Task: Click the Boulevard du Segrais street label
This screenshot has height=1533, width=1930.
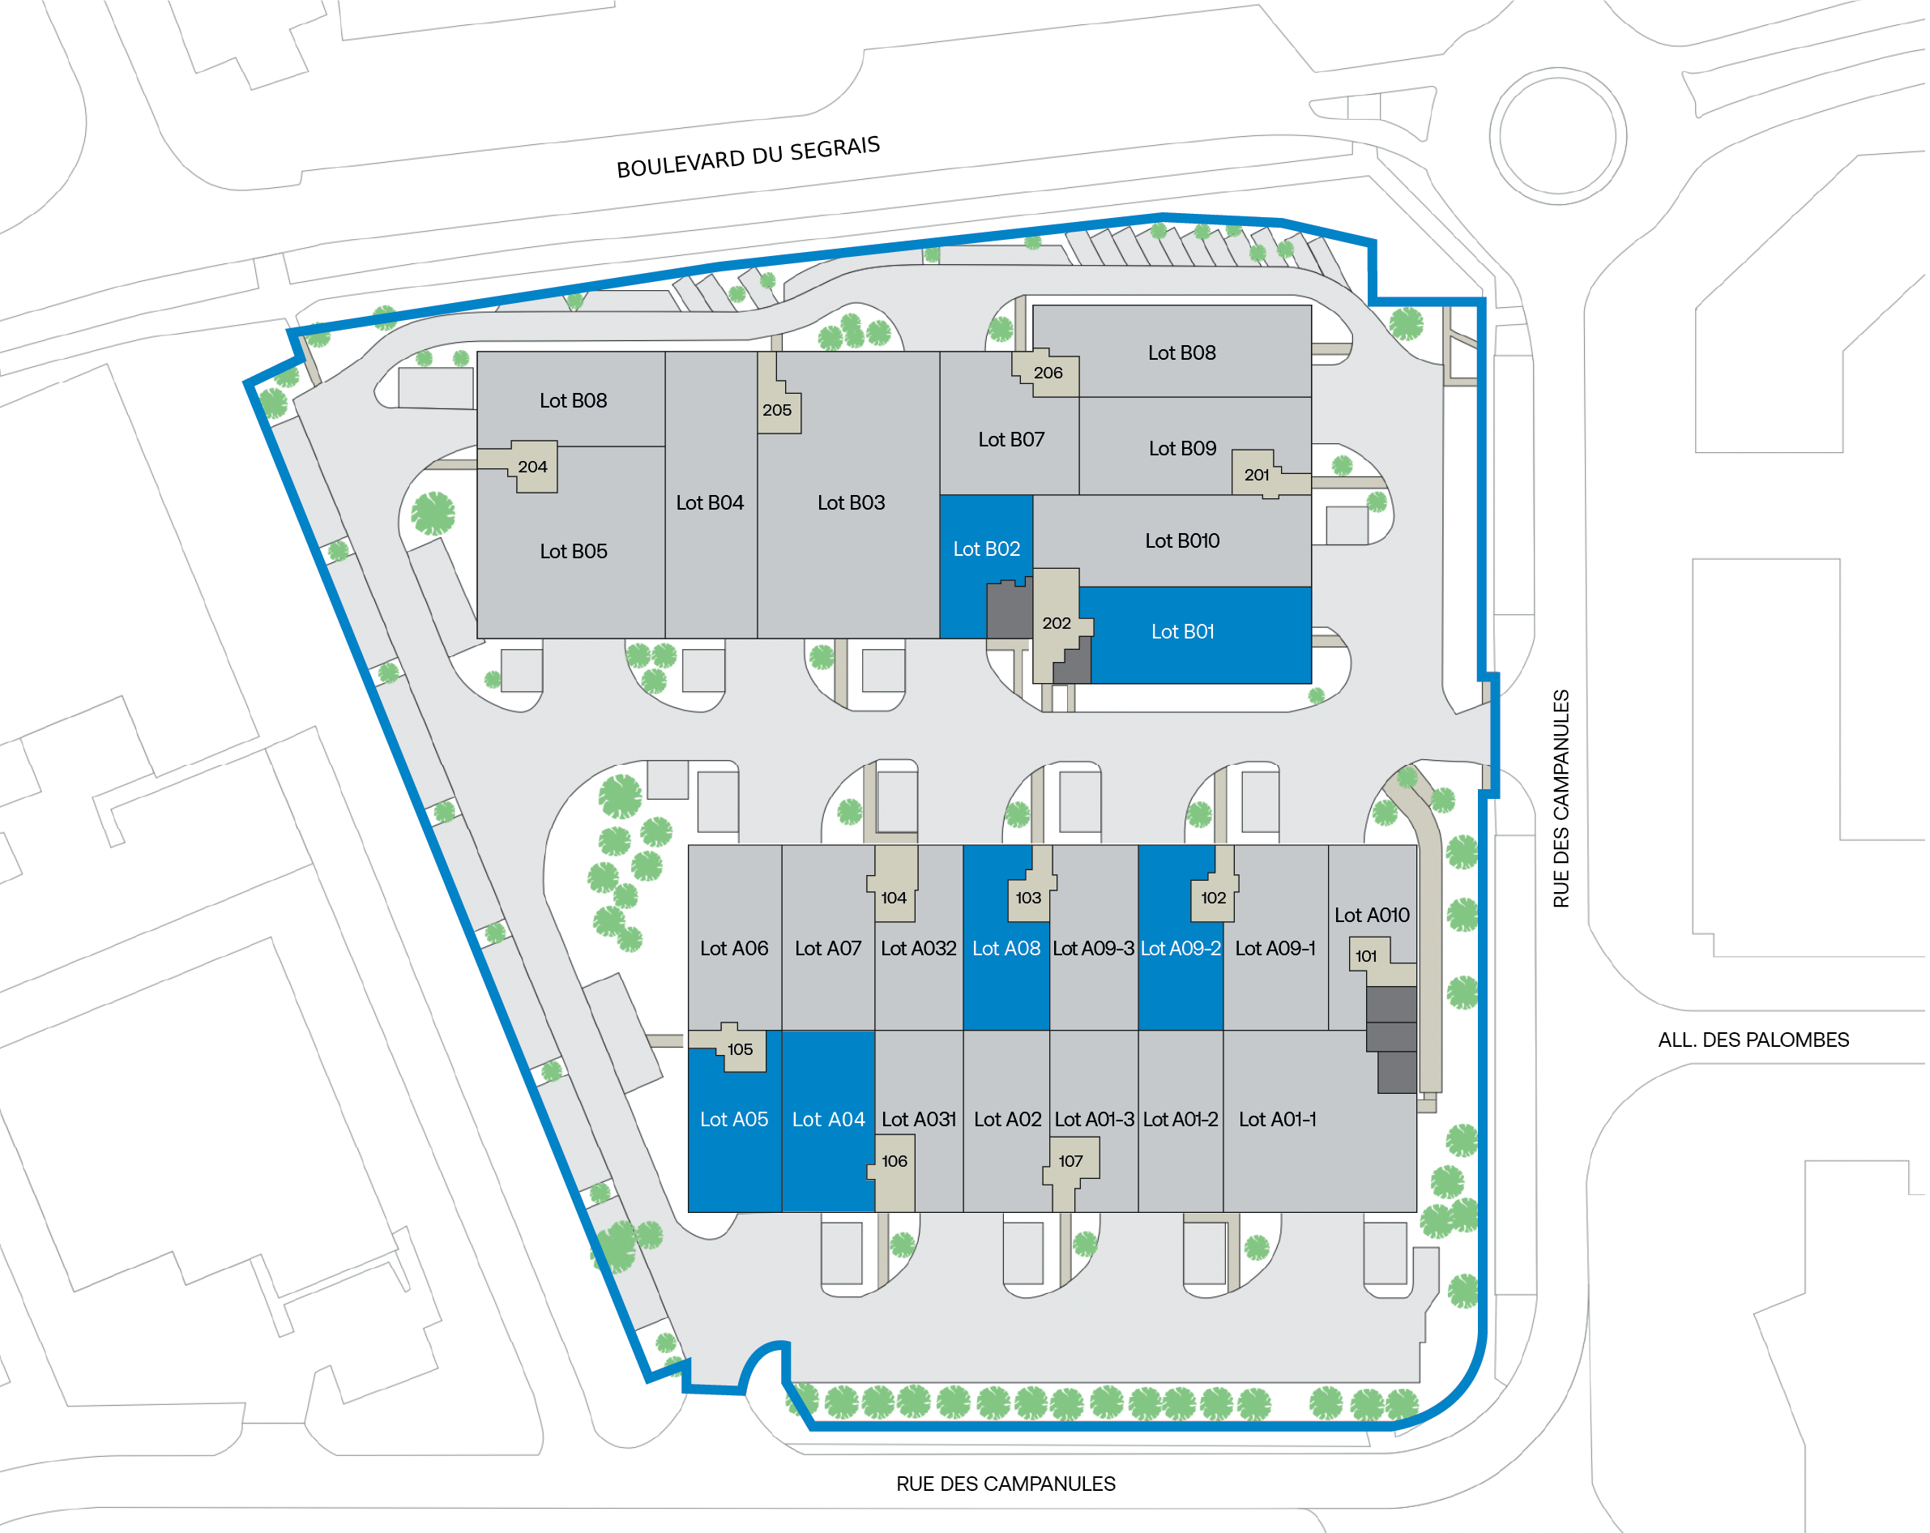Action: point(749,158)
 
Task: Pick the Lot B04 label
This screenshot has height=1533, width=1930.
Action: point(711,503)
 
